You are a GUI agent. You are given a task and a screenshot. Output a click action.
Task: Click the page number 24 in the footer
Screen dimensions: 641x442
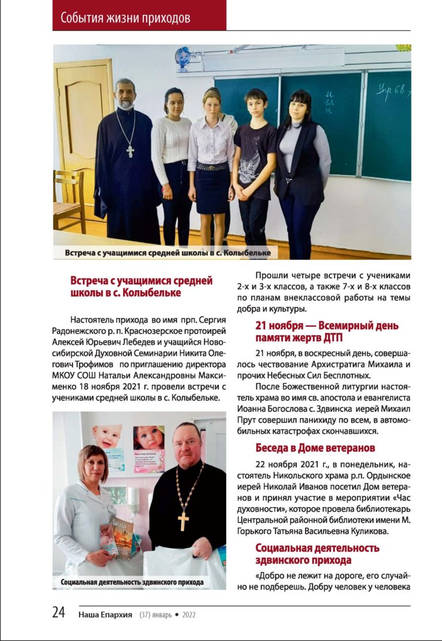[x=59, y=613]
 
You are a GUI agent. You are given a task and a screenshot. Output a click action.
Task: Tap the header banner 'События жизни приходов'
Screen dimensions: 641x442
[x=125, y=18]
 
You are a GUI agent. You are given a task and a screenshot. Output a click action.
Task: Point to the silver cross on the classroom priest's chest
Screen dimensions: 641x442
[x=130, y=151]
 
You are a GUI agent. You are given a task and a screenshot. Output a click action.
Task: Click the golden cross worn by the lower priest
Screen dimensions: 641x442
[x=184, y=521]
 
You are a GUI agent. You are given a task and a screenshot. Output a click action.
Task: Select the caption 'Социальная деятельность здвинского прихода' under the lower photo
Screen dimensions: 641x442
[x=132, y=582]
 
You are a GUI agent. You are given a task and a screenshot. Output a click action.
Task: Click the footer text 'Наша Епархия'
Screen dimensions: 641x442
[x=106, y=615]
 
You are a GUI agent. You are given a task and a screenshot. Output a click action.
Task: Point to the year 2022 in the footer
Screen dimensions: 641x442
[x=189, y=615]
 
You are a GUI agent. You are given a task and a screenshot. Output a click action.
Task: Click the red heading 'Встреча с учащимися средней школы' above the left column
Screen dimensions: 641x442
[x=141, y=286]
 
